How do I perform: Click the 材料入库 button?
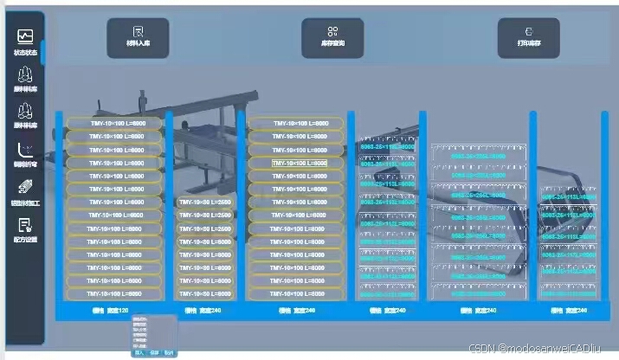click(138, 38)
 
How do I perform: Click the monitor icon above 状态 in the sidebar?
click(25, 36)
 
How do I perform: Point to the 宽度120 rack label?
click(110, 310)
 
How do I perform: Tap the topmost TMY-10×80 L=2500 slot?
click(204, 202)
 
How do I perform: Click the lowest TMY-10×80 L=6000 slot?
click(204, 294)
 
